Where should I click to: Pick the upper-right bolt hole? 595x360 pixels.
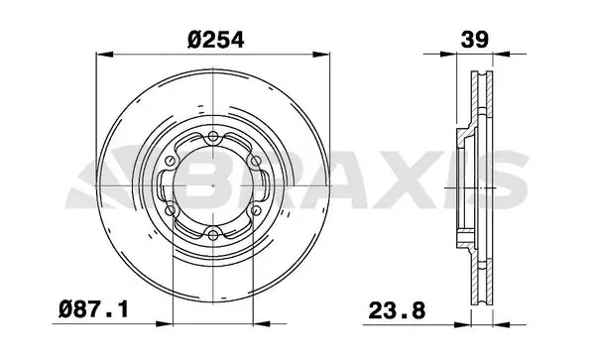pyautogui.click(x=257, y=162)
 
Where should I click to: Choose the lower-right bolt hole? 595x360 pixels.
pyautogui.click(x=257, y=209)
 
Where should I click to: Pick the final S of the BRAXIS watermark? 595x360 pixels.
pyautogui.click(x=507, y=183)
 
